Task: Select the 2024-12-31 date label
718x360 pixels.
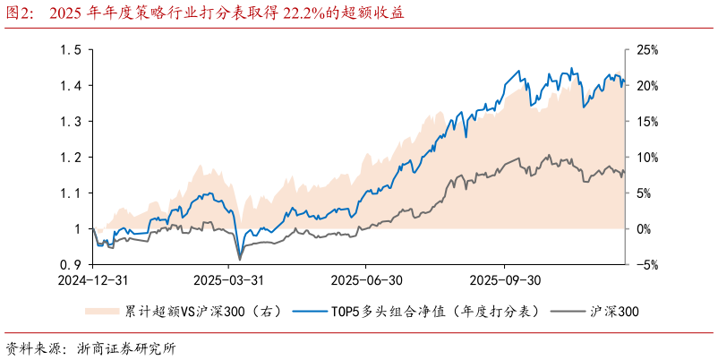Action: point(93,279)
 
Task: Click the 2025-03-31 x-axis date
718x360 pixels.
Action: point(228,279)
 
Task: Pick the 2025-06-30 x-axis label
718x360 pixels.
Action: point(367,279)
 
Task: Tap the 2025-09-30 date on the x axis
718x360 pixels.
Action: point(506,279)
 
